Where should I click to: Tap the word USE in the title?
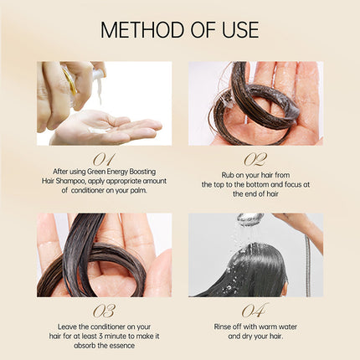pyautogui.click(x=237, y=30)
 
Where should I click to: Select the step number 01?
pyautogui.click(x=104, y=157)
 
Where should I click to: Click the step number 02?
pyautogui.click(x=255, y=157)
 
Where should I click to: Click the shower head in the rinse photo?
pyautogui.click(x=249, y=219)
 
